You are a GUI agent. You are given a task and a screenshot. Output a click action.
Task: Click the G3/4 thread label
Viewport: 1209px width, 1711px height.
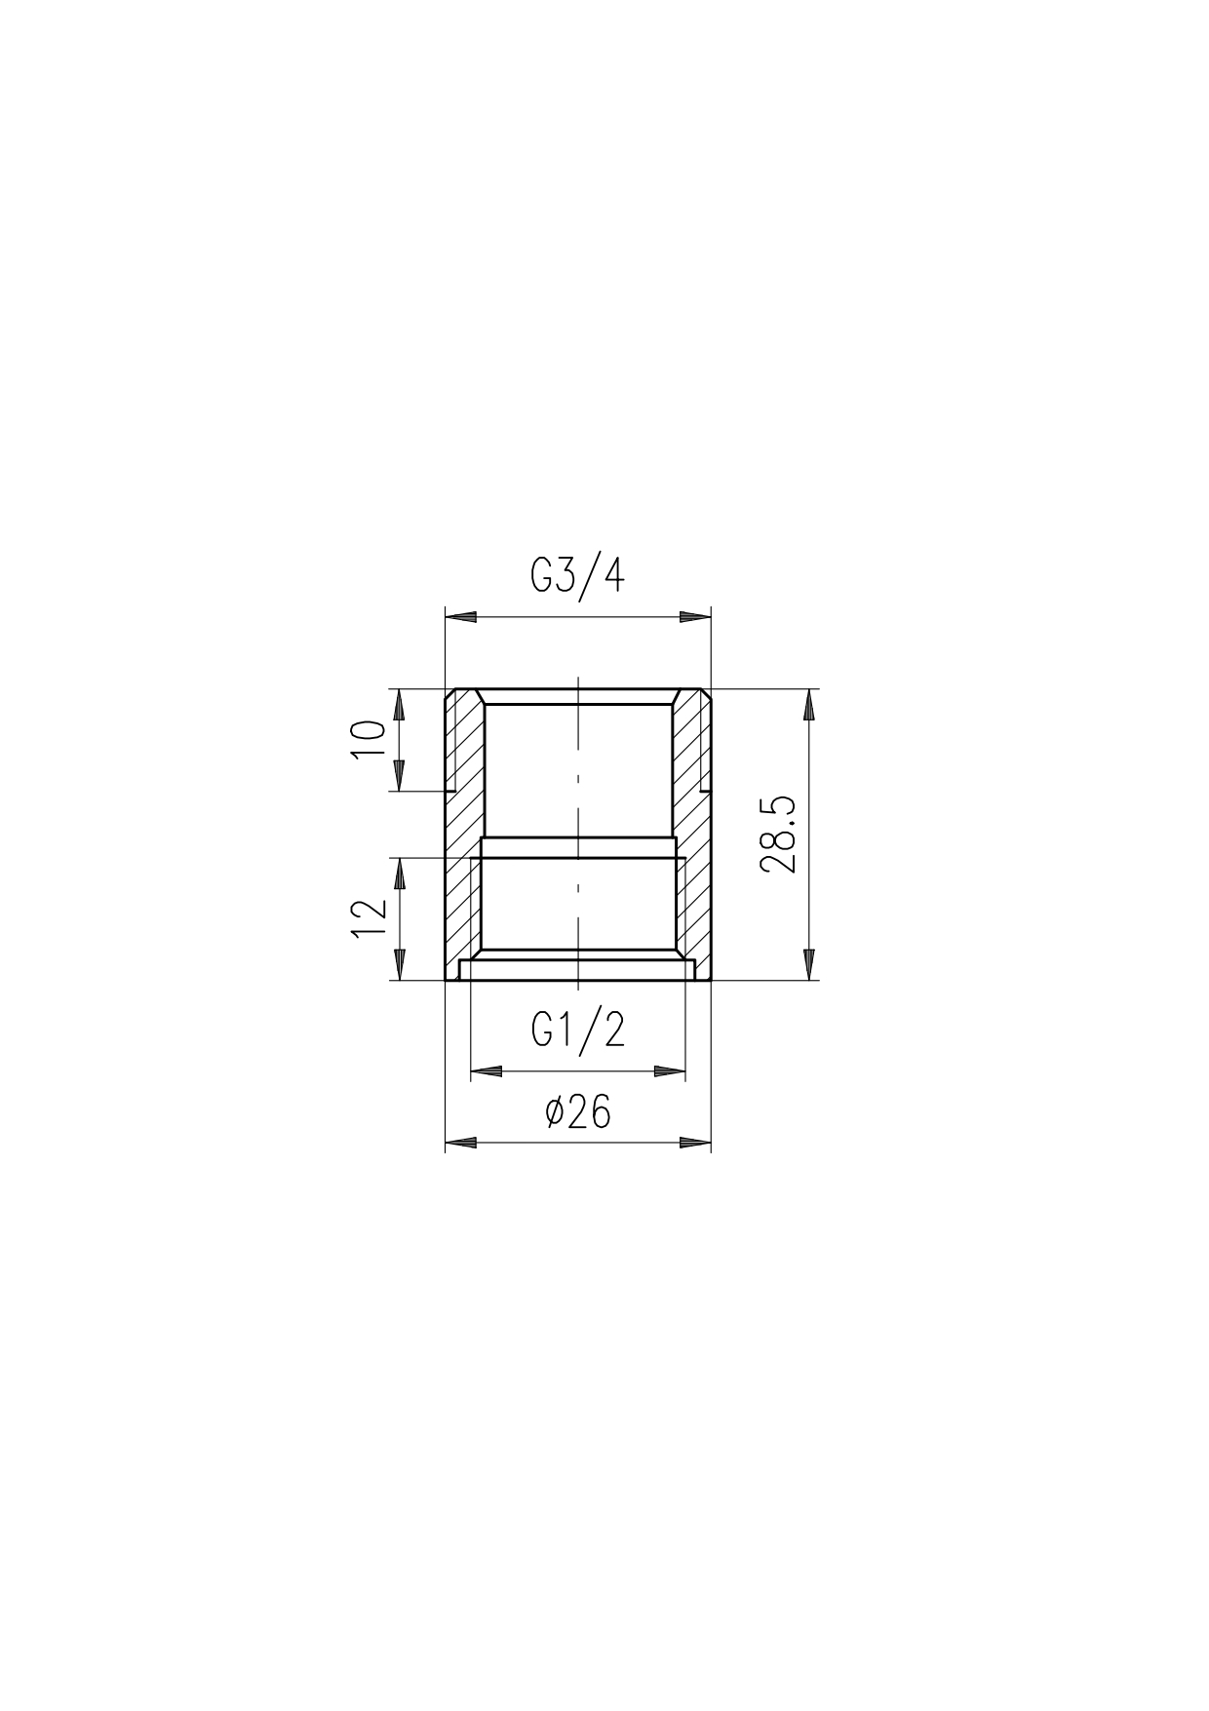577,576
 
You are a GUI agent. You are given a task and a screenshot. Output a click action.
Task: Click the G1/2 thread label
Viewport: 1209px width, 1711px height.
578,1030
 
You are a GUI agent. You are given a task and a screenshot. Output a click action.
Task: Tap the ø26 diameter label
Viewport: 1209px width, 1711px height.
578,1110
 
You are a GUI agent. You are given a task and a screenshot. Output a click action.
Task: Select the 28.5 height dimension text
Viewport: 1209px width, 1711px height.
781,835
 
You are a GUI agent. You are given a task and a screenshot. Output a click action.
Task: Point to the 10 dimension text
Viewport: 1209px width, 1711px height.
369,741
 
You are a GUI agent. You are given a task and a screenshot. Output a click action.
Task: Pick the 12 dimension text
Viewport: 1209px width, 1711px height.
369,918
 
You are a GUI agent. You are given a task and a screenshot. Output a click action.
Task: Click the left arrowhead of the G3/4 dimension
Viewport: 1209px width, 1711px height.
460,617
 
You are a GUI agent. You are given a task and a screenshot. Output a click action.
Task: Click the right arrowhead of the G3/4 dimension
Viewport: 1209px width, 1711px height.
695,617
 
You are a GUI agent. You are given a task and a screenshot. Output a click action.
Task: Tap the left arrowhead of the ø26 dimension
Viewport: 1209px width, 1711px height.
460,1141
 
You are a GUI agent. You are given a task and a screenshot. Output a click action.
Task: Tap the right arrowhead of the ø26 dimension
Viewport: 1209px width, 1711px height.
695,1141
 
